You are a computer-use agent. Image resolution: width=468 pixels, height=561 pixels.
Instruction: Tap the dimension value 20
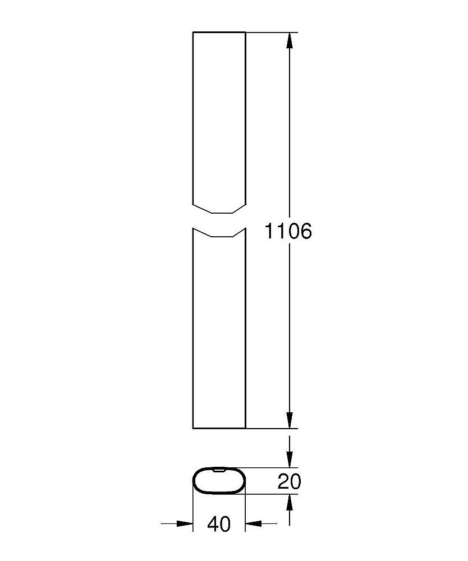pos(289,481)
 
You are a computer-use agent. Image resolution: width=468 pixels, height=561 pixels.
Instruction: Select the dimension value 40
pos(219,524)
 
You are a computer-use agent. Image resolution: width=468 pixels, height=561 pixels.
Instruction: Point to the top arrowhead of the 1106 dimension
pos(290,40)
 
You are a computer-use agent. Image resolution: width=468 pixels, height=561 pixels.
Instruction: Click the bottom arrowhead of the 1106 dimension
pos(290,420)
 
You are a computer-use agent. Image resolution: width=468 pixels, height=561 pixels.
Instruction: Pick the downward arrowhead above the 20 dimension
pos(290,459)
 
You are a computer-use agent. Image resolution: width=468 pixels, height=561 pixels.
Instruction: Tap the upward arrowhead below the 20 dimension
pos(290,503)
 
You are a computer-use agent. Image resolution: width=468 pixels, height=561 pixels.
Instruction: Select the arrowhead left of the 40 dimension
pos(185,524)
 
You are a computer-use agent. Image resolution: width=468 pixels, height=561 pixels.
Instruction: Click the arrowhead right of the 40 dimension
pos(253,524)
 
